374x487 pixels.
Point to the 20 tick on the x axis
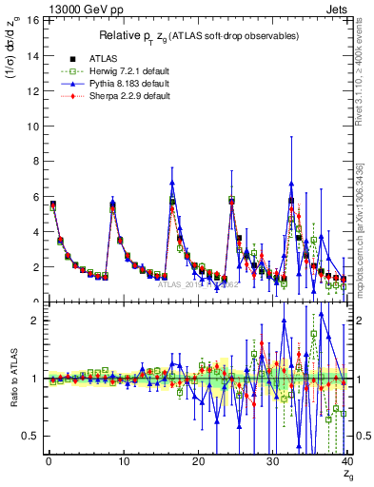(198, 462)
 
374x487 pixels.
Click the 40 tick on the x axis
(347, 462)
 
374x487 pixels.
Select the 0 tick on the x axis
(48, 462)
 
